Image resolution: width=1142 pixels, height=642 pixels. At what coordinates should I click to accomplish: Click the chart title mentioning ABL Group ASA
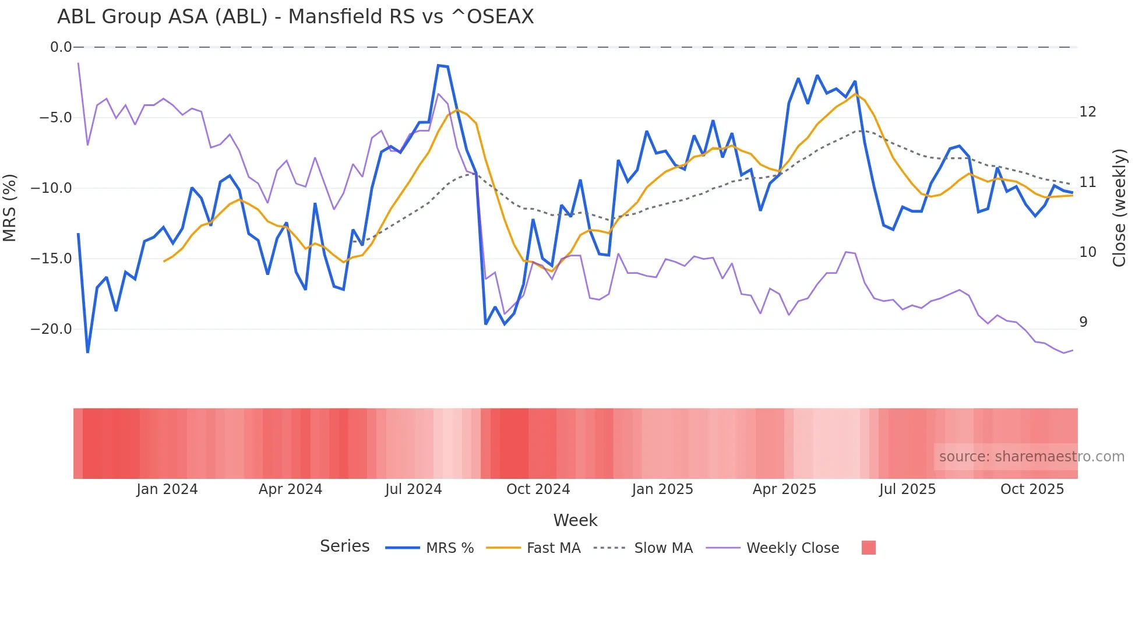295,17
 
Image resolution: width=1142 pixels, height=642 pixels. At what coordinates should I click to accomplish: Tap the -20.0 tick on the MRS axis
51,329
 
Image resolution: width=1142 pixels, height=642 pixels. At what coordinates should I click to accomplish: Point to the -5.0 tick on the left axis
55,118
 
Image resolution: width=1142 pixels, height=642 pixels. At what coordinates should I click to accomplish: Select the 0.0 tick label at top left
61,47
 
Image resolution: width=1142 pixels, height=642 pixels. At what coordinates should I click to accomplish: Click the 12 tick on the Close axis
1087,112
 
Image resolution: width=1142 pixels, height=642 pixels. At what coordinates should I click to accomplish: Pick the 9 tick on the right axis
1083,322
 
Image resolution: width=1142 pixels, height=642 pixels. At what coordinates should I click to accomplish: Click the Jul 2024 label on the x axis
413,489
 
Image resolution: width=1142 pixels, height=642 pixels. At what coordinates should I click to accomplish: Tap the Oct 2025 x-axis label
1032,489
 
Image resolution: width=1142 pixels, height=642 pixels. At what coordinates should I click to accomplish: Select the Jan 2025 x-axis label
662,489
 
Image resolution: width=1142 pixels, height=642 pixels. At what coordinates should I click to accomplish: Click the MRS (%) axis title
10,207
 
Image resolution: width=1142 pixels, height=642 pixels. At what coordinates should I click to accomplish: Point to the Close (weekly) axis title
1119,208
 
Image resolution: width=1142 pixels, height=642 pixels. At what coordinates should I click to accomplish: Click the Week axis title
575,520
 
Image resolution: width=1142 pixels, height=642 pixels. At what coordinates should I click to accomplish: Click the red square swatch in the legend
868,548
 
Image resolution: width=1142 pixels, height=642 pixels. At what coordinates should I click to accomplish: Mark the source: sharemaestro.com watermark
1031,457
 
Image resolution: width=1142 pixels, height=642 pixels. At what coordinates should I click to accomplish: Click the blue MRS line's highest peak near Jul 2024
438,65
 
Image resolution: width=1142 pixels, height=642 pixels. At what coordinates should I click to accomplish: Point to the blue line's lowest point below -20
87,352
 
